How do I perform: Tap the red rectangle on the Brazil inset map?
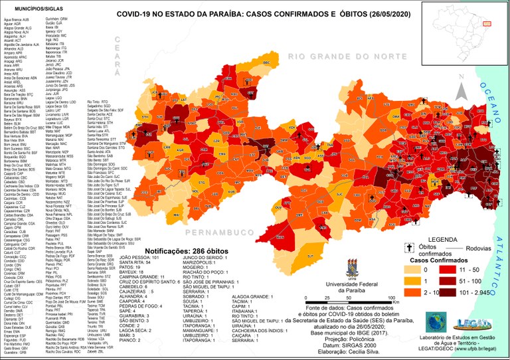[x=486, y=23]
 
